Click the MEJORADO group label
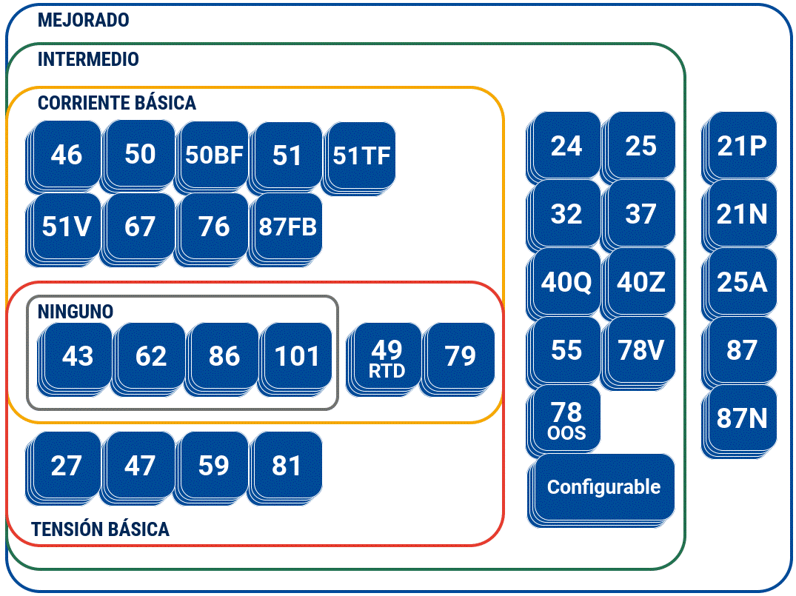(x=83, y=20)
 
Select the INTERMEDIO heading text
(x=88, y=59)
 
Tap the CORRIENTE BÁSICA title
(x=117, y=103)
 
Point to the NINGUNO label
(x=76, y=312)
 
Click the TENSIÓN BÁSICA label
(x=101, y=529)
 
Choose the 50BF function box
(x=214, y=155)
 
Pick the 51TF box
(x=361, y=155)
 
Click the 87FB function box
(x=287, y=227)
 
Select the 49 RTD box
(x=387, y=357)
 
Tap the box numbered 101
(x=297, y=356)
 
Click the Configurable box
(x=603, y=487)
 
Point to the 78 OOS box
(x=566, y=419)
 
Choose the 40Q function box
(x=566, y=282)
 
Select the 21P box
(x=742, y=146)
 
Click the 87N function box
(x=742, y=418)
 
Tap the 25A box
(x=742, y=282)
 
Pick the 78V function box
(x=641, y=350)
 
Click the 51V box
(x=67, y=227)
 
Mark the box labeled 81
(x=287, y=466)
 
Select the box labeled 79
(x=461, y=356)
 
